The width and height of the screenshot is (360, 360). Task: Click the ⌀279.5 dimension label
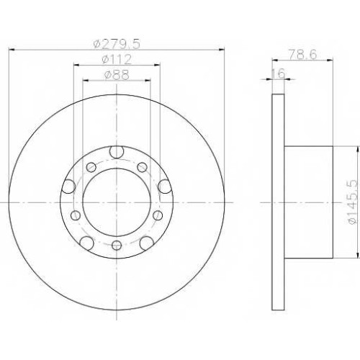point(117,45)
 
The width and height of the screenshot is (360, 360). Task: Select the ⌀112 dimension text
point(117,60)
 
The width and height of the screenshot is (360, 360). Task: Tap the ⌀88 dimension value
point(117,75)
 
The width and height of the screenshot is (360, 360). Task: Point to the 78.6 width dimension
point(302,55)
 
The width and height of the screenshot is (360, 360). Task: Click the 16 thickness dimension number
point(279,73)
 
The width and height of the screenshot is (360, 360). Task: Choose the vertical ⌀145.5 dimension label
point(353,202)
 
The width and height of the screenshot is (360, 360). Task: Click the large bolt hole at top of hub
point(117,152)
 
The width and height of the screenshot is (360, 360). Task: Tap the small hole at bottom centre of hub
point(117,245)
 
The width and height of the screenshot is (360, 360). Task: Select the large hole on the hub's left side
point(68,186)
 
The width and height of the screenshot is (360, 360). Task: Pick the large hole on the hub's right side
point(165,186)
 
